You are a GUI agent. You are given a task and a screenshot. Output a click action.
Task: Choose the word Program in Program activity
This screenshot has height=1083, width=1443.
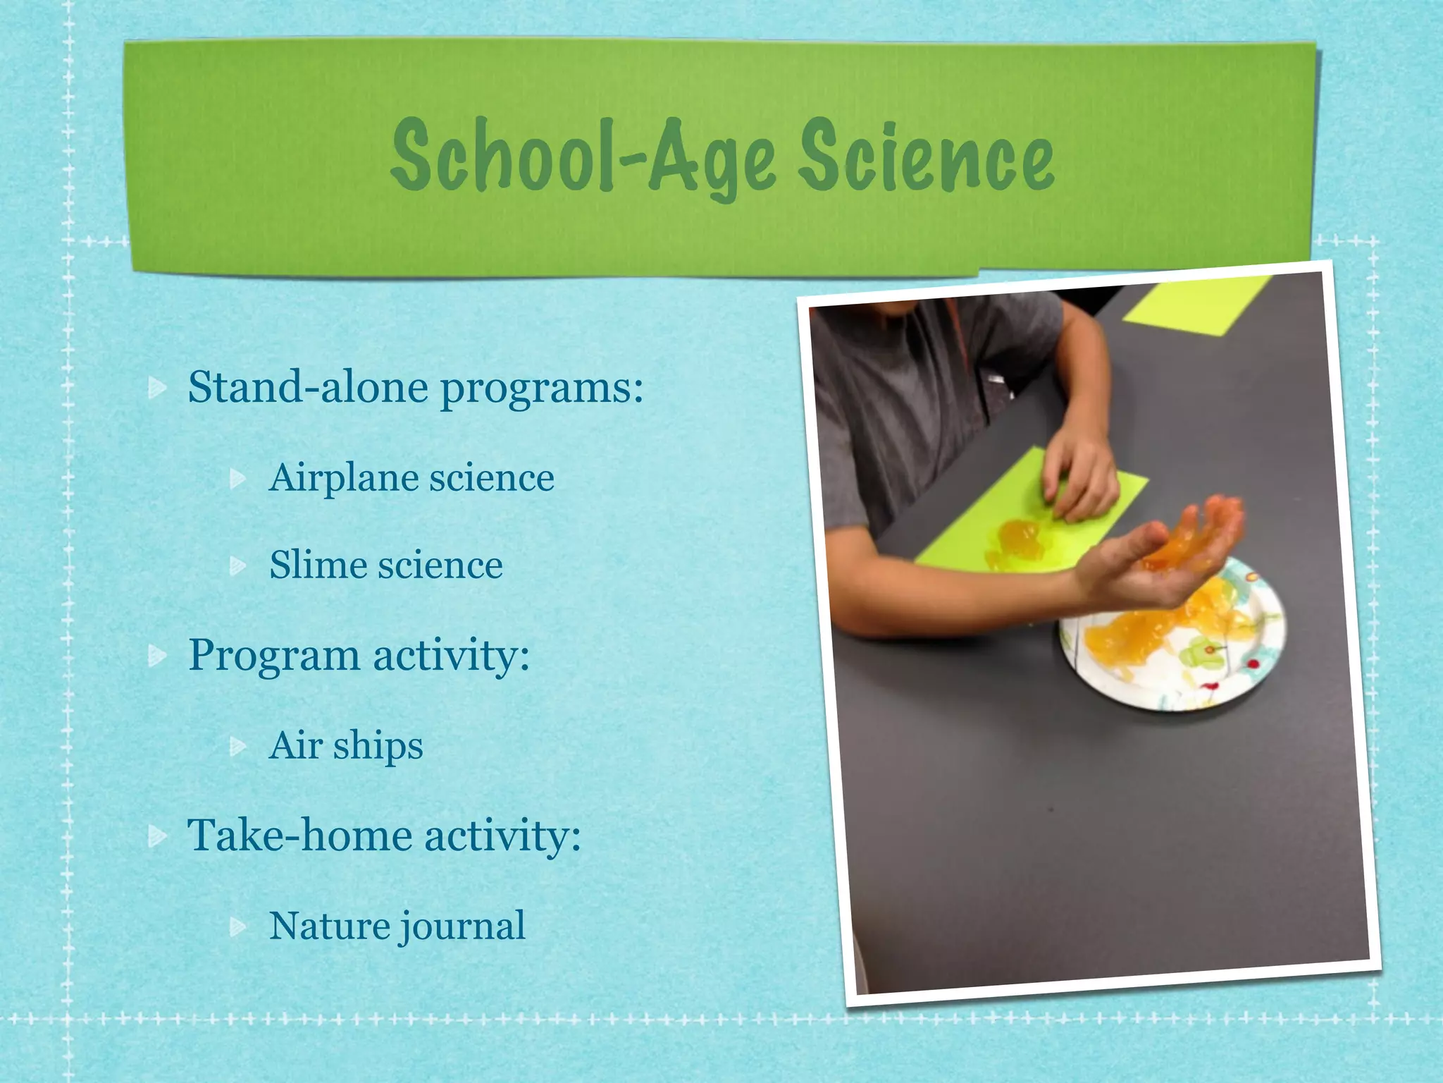[274, 656]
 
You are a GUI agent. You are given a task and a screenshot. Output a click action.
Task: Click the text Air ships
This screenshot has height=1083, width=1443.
[346, 746]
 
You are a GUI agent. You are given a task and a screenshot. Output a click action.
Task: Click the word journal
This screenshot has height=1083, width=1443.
[462, 926]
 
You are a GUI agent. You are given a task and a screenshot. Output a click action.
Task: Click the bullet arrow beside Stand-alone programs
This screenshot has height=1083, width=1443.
[158, 388]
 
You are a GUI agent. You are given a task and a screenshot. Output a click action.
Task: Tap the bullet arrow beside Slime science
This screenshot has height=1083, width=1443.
[239, 565]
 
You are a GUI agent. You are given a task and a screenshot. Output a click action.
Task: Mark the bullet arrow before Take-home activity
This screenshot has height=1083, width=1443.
[158, 836]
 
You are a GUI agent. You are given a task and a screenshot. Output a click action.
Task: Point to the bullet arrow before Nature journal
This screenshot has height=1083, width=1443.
[239, 926]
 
